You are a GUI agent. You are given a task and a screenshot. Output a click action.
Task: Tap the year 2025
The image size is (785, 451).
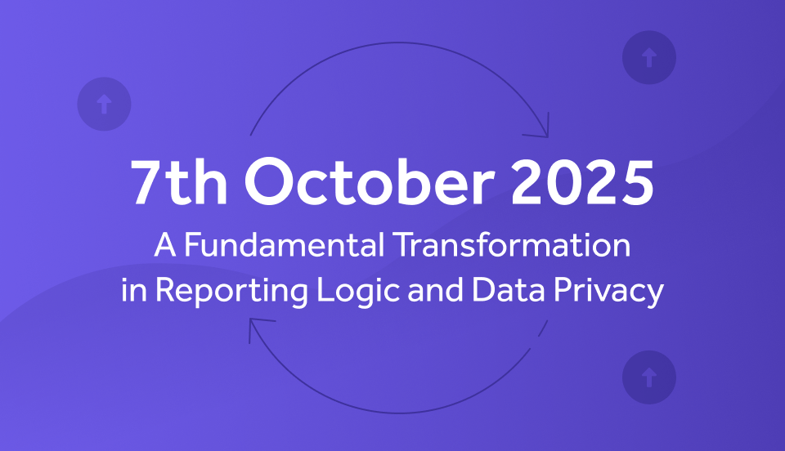[582, 182]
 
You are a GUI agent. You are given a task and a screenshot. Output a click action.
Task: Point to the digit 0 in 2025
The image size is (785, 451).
[565, 182]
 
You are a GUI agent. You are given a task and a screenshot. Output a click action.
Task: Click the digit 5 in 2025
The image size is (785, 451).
[637, 182]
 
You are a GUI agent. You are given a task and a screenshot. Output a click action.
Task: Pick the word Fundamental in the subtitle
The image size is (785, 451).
[285, 244]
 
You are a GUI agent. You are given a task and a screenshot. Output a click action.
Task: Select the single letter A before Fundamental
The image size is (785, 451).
[165, 244]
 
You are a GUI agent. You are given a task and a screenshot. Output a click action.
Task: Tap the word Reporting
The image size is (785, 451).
[231, 291]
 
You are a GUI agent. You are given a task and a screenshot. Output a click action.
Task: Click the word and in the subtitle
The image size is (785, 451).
[436, 289]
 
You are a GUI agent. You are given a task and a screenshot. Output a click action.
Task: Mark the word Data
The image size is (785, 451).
[508, 289]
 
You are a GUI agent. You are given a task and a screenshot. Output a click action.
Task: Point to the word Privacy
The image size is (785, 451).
[608, 291]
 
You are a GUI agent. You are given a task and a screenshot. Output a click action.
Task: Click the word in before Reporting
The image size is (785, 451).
[133, 289]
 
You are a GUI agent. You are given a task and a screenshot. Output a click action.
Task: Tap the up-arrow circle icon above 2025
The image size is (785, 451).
[648, 57]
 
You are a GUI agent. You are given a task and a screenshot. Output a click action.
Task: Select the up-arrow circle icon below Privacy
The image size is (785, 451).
[648, 377]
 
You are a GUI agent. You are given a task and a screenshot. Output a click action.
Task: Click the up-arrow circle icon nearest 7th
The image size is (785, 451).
[104, 104]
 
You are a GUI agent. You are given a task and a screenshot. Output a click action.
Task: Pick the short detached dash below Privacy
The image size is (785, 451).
[543, 328]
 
